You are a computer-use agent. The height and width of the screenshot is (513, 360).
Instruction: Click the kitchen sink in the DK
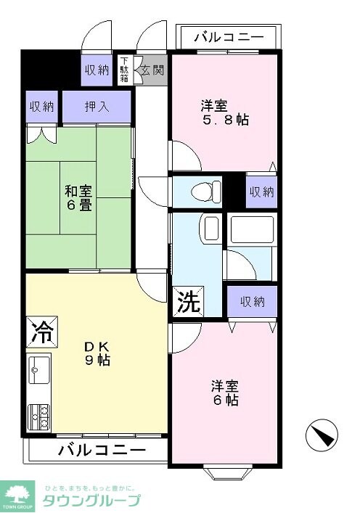pos(38,370)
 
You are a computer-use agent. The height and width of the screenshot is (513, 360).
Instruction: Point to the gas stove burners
pos(38,415)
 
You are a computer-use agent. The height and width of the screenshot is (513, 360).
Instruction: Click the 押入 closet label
pos(97,106)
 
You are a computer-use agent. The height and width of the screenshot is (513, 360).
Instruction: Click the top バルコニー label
pos(229,36)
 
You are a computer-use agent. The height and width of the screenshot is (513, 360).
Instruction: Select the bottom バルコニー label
pos(97,449)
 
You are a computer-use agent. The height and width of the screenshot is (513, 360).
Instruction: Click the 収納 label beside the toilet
pos(261,192)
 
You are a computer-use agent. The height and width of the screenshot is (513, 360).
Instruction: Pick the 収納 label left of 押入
pos(41,106)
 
